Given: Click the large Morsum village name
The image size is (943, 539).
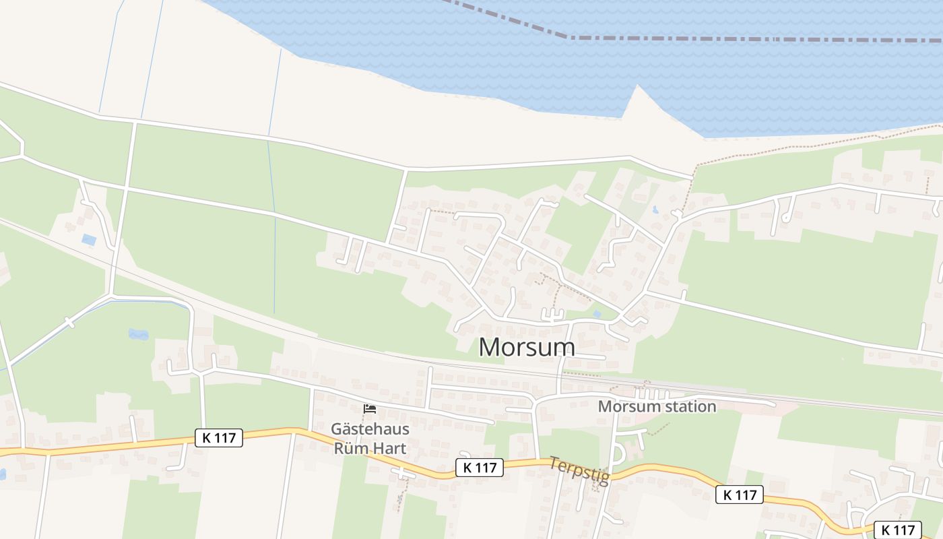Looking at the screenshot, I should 527,347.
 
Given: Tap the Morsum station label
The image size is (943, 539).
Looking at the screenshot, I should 657,406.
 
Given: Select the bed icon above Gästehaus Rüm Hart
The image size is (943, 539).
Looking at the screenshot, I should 369,409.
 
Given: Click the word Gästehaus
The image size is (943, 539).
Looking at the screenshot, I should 370,429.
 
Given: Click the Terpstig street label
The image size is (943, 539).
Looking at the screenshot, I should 579,471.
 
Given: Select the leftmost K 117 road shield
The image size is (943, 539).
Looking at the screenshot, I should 219,438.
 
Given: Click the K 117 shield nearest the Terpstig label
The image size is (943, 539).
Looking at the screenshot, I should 480,468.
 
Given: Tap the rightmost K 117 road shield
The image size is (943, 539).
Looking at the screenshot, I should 897,530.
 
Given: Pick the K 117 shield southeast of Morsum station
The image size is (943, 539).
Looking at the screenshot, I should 739,495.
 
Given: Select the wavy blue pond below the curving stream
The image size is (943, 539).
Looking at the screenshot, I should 138,334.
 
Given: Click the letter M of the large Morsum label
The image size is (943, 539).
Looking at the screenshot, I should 492,347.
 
